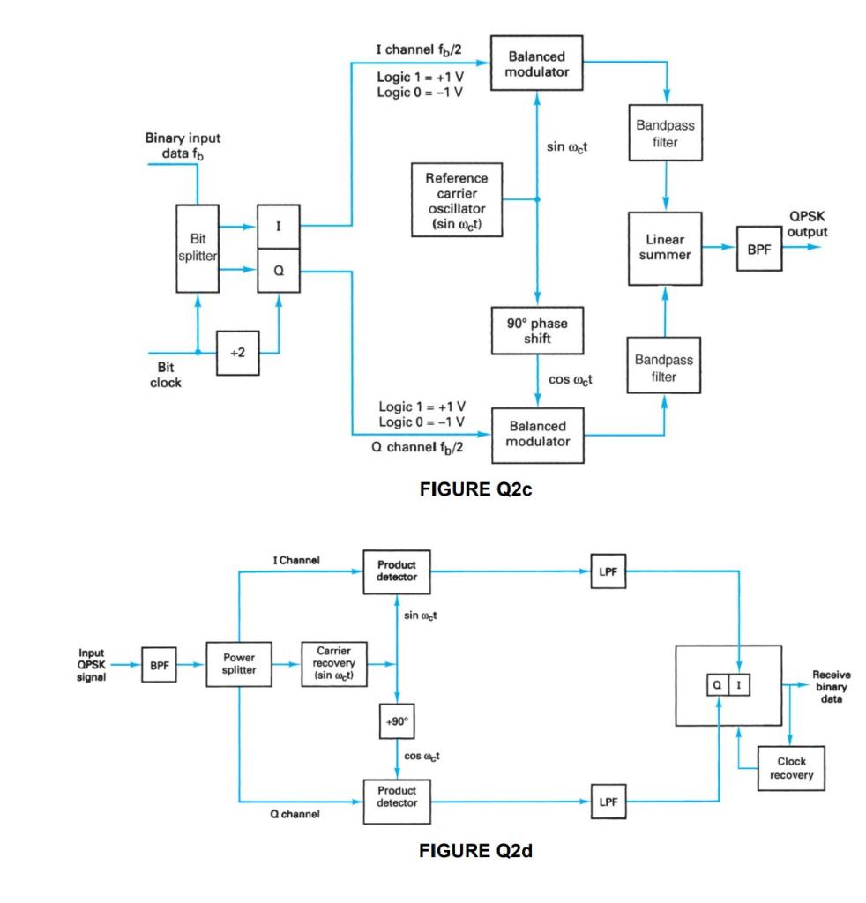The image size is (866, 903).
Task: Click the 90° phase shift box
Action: (x=538, y=330)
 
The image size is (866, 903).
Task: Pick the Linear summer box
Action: (x=665, y=248)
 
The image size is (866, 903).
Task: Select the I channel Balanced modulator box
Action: (x=537, y=63)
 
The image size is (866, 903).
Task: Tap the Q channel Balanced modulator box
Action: (x=537, y=433)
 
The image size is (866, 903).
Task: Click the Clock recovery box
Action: (x=789, y=767)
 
